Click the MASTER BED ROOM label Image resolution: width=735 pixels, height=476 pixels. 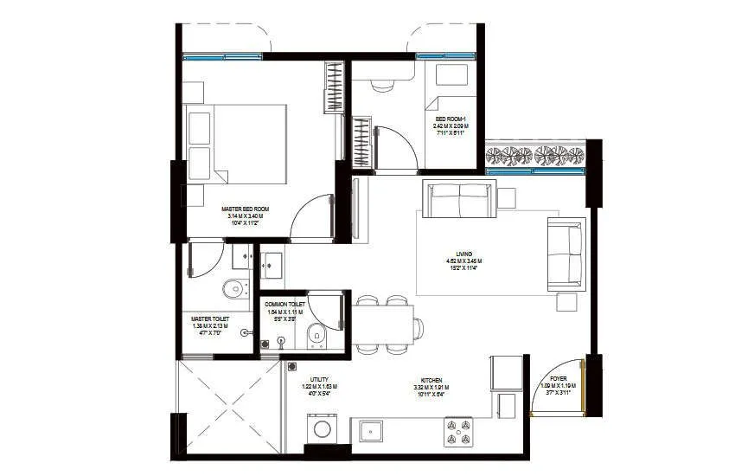click(246, 209)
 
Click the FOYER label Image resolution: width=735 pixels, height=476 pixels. click(559, 378)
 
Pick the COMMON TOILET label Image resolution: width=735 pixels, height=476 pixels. click(284, 305)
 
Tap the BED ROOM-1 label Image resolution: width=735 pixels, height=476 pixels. click(450, 119)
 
